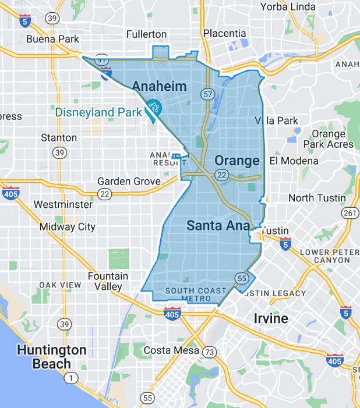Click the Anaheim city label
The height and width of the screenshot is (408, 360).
160,87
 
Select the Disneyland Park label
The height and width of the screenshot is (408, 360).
98,112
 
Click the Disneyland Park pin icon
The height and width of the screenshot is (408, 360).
154,107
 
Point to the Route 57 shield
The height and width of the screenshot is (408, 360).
208,94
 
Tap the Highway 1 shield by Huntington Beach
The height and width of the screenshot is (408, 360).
71,379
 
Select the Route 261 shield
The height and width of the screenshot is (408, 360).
350,214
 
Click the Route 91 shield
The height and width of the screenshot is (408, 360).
103,59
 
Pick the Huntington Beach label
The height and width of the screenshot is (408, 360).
51,357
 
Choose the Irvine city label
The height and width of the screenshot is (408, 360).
271,318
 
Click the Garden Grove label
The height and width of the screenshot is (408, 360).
129,182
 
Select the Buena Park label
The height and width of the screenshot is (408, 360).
52,39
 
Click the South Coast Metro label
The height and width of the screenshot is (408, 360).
188,295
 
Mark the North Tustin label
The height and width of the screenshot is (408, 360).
317,198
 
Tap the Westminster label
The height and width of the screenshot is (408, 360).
63,204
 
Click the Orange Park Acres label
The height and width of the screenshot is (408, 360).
332,139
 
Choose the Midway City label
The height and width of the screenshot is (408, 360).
68,226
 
